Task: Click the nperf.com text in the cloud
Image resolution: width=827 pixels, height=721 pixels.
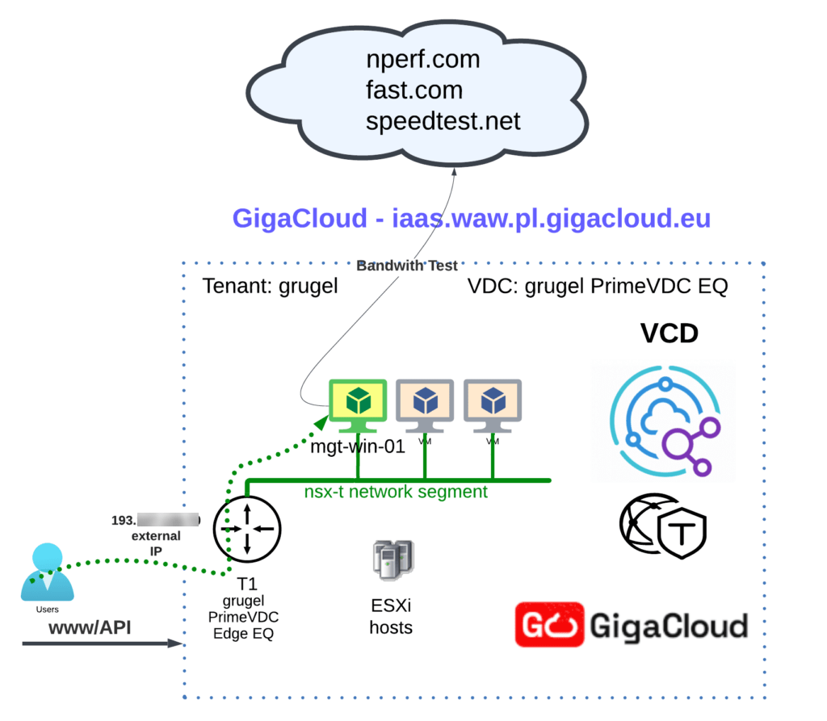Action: (423, 59)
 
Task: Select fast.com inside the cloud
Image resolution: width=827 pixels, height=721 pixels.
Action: (414, 90)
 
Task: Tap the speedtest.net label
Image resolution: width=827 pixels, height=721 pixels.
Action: (443, 121)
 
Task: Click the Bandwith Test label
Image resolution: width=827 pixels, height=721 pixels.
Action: (408, 266)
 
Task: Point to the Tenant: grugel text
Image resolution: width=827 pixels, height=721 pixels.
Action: (269, 287)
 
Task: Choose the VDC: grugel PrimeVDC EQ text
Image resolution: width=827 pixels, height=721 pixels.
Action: (598, 287)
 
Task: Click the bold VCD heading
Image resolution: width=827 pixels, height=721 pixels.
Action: (669, 333)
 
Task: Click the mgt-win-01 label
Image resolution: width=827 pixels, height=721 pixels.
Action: (358, 446)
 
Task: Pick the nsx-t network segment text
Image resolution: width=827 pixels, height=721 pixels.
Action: (396, 491)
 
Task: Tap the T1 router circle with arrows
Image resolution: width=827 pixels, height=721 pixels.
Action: (247, 530)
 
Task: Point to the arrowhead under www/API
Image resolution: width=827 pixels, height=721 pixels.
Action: (174, 643)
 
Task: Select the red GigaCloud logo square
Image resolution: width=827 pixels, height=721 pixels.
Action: (549, 624)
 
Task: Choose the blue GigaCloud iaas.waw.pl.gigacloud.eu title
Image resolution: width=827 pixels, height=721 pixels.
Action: (472, 219)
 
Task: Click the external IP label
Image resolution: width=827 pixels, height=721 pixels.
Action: (155, 543)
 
